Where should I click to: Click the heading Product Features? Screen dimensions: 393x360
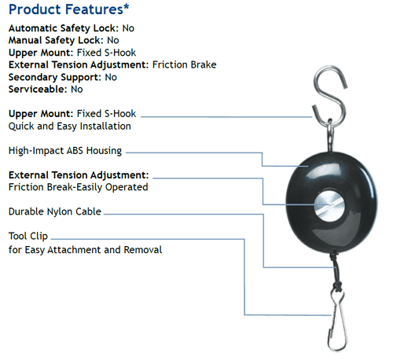[66, 9]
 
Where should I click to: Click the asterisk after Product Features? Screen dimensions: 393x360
[127, 6]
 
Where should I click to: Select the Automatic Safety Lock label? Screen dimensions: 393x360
[64, 28]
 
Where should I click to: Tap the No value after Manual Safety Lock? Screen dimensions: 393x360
[113, 40]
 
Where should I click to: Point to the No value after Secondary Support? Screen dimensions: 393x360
[111, 77]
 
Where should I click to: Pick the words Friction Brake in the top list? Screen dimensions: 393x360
[185, 64]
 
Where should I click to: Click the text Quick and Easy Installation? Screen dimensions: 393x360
[70, 127]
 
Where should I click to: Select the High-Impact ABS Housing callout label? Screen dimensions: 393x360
[65, 151]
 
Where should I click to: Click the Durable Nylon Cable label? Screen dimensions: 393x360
[55, 211]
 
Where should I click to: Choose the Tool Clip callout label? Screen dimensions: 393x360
[28, 236]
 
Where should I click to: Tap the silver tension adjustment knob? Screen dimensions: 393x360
[329, 206]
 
